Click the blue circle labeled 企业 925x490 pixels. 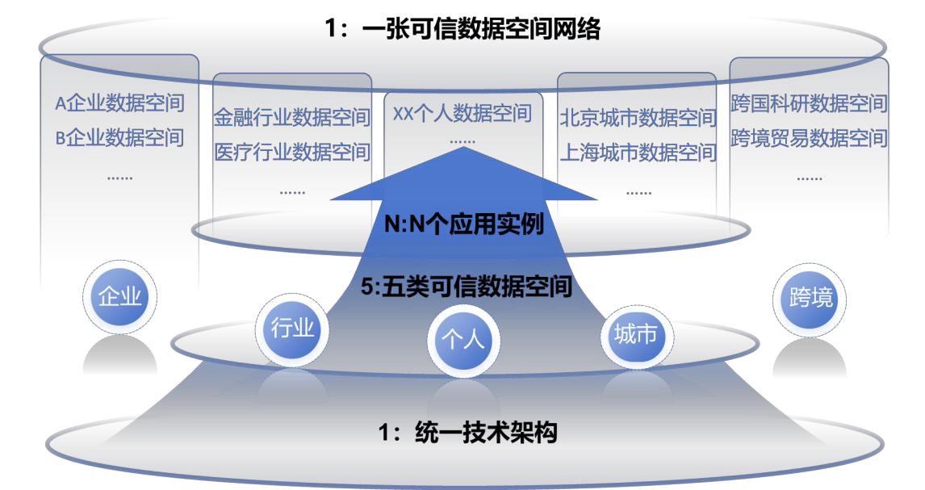[x=119, y=296]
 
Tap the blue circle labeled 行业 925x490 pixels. [x=292, y=328]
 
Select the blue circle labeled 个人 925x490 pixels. [x=463, y=340]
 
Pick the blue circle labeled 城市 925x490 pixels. [x=636, y=335]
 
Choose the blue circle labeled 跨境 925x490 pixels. [x=810, y=298]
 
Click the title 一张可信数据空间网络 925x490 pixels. [x=481, y=28]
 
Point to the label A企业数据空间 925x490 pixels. [x=119, y=103]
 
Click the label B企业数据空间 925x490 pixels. [x=119, y=138]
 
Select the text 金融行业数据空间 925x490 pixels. [x=292, y=117]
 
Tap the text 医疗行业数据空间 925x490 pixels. [x=292, y=152]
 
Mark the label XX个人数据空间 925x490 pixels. [x=462, y=113]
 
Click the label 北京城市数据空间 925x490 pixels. [x=638, y=117]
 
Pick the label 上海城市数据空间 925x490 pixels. [x=638, y=152]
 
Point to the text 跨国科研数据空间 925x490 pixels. [x=809, y=103]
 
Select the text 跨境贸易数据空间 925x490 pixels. [x=809, y=138]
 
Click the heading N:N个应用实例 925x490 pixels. [x=463, y=224]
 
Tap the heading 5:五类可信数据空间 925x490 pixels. [x=466, y=287]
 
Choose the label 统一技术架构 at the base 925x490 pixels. [x=486, y=433]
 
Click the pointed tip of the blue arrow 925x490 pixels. [x=463, y=148]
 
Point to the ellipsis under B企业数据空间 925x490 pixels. [x=119, y=178]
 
